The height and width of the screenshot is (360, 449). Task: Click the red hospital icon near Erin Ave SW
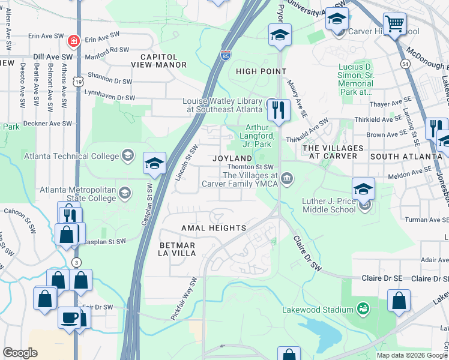click(x=73, y=41)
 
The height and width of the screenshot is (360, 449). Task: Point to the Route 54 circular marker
click(x=406, y=63)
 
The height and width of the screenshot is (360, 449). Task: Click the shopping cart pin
click(x=394, y=25)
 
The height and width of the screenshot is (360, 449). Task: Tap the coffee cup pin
click(x=69, y=317)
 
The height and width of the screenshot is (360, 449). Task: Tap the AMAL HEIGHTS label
click(x=214, y=228)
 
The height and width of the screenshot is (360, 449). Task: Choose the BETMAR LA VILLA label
click(x=178, y=249)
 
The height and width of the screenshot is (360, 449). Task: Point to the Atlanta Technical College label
click(x=71, y=157)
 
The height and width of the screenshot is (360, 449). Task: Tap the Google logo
click(x=20, y=353)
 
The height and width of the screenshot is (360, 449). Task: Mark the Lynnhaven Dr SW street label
click(x=112, y=97)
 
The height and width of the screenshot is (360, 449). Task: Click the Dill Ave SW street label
click(x=53, y=56)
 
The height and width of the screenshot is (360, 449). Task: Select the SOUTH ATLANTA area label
click(x=406, y=156)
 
